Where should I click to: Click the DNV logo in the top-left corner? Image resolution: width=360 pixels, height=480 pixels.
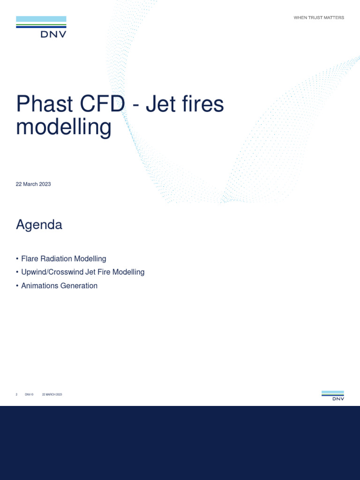(x=41, y=27)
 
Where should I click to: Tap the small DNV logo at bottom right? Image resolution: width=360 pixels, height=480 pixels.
(x=333, y=396)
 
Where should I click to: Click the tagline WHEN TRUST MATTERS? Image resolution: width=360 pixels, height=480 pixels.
(x=319, y=18)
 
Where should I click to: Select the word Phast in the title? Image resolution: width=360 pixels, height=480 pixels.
(x=43, y=104)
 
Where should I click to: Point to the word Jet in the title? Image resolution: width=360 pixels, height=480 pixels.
(x=158, y=104)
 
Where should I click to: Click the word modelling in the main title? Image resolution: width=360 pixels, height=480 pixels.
(x=64, y=127)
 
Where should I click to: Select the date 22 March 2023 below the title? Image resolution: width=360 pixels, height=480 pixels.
(x=33, y=184)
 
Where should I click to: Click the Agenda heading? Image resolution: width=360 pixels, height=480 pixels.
(x=39, y=225)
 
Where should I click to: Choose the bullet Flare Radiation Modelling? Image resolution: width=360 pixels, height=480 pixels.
(x=64, y=259)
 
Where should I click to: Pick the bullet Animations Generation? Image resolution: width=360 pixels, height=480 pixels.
(x=59, y=285)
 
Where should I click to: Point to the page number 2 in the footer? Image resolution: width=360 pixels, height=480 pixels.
(x=17, y=395)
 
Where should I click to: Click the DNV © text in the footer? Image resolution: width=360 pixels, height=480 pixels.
(x=29, y=395)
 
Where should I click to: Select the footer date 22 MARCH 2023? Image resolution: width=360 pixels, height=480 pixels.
(x=52, y=395)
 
